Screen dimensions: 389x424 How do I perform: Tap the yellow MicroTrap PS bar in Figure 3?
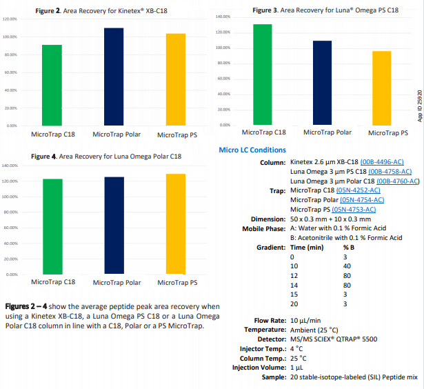381,88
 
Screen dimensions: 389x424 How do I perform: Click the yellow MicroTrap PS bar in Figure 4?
176,224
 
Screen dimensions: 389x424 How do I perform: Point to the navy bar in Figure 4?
114,226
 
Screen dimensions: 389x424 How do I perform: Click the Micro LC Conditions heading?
252,150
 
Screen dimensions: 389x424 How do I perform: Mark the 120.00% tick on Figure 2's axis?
9,19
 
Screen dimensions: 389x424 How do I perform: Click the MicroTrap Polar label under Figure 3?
327,132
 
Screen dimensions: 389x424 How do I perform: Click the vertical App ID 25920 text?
419,104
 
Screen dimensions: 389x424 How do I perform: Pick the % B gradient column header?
349,246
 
